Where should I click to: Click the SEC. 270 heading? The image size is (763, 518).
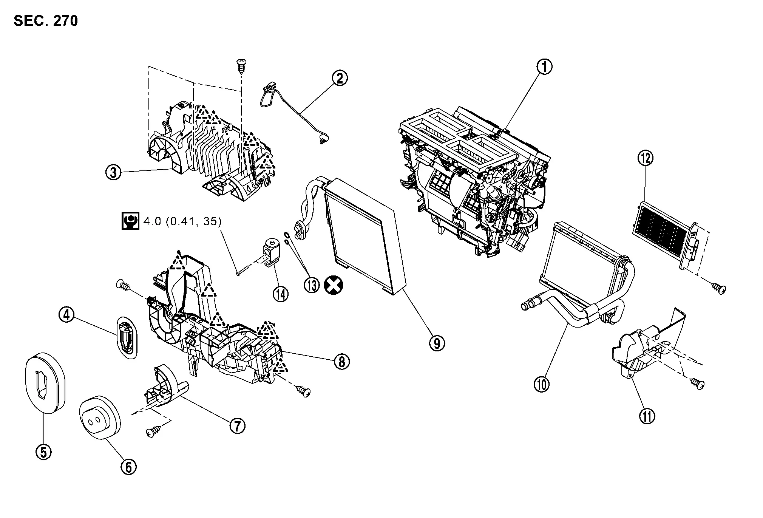(46, 21)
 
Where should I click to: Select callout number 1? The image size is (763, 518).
(544, 67)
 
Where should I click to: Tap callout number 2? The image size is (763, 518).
(340, 79)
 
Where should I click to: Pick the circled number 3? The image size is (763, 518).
(113, 172)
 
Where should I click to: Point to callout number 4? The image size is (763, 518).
(66, 315)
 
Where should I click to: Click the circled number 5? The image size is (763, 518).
(43, 452)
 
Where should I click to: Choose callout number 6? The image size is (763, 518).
(128, 467)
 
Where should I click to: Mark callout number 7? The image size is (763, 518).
(237, 426)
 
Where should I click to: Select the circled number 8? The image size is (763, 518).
(341, 362)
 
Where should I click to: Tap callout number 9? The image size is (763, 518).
(437, 343)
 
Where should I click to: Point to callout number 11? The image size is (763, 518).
(647, 416)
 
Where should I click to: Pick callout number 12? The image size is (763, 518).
(645, 158)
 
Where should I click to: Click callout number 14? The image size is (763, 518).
(280, 294)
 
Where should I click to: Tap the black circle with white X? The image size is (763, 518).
(334, 285)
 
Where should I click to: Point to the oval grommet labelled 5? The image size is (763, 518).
(45, 383)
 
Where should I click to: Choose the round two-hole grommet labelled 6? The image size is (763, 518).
(99, 417)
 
